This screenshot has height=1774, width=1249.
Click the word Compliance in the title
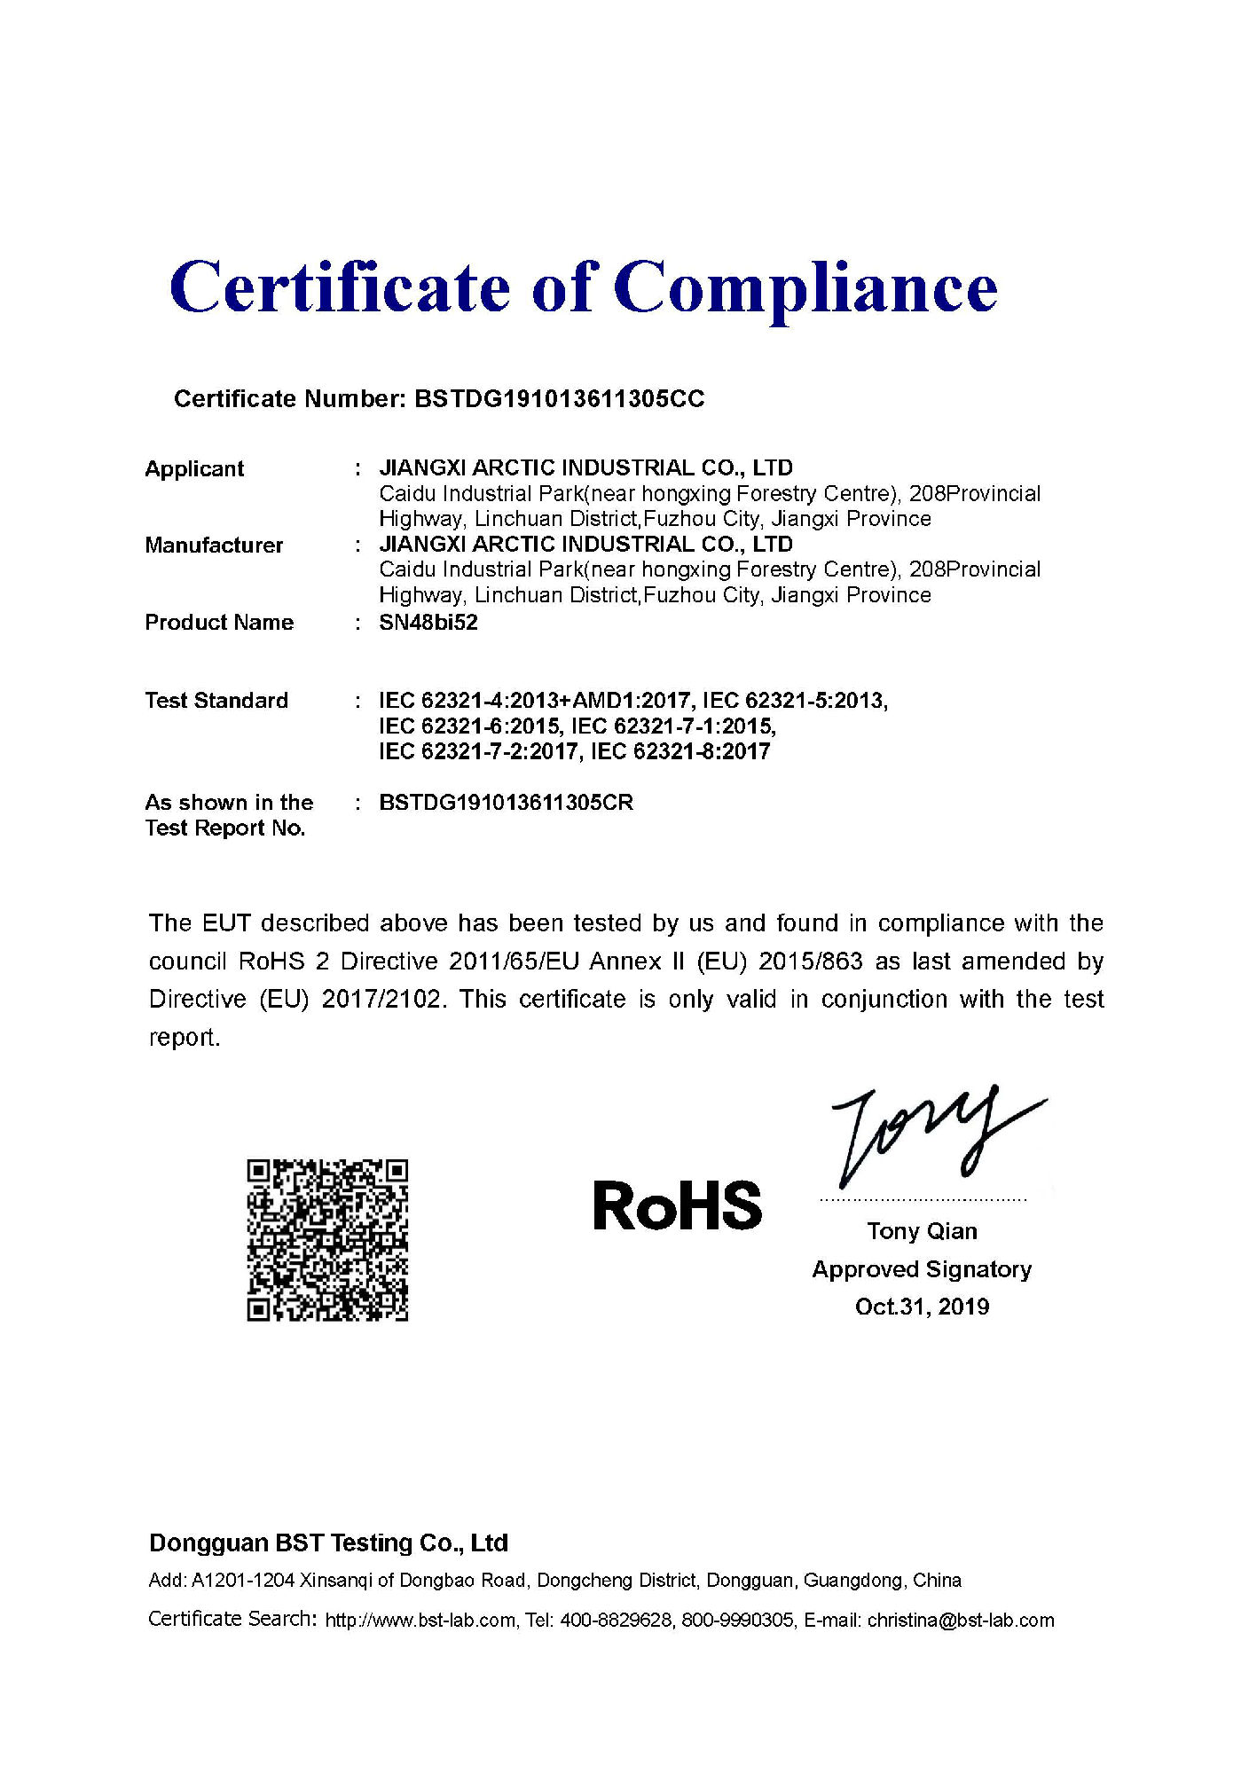805,288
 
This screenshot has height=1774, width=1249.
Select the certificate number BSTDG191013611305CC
559,399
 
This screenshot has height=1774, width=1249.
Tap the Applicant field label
194,469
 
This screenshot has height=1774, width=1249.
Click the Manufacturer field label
214,546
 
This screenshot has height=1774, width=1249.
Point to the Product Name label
219,623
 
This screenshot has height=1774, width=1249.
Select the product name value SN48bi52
428,623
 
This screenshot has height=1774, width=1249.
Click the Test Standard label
216,701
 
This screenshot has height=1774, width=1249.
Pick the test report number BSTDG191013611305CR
506,803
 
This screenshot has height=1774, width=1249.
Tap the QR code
327,1239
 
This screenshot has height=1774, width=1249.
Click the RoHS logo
677,1206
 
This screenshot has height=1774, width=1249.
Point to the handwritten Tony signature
931,1135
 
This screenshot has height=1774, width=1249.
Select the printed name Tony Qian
922,1231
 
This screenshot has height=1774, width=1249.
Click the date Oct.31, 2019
922,1307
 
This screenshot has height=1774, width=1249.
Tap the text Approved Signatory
922,1269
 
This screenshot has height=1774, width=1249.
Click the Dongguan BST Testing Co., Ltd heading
328,1543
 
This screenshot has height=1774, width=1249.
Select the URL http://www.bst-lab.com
420,1621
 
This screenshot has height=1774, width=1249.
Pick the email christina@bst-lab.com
961,1621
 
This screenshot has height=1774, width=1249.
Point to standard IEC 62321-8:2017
680,752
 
